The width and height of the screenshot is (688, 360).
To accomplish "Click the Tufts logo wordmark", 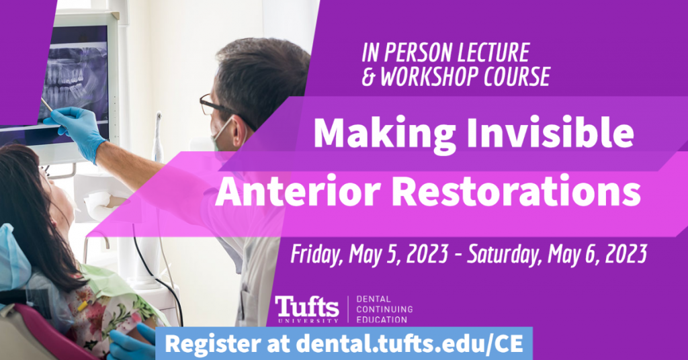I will [x=307, y=307].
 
